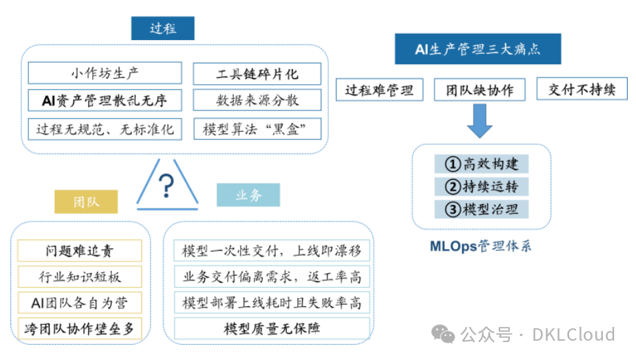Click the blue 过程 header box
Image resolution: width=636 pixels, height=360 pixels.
pos(163,28)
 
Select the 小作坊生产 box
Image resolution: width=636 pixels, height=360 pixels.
pos(105,73)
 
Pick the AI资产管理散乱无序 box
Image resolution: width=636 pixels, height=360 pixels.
pos(105,101)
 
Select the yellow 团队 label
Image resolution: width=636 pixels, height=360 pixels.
pos(86,201)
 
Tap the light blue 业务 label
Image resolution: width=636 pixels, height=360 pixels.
pos(248,196)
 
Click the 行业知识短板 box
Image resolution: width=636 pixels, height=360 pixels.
pos(80,277)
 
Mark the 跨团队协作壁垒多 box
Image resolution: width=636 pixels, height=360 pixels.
pos(80,329)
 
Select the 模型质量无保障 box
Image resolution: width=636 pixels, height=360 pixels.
pos(272,329)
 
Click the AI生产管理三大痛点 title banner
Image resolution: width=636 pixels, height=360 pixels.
pos(477,49)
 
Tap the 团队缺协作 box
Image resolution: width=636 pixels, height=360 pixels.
pos(479,90)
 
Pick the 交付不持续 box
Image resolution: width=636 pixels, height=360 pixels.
pos(582,90)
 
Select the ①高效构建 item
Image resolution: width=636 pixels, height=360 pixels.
pos(481,163)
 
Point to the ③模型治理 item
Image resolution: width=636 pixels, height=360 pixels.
pos(481,209)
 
